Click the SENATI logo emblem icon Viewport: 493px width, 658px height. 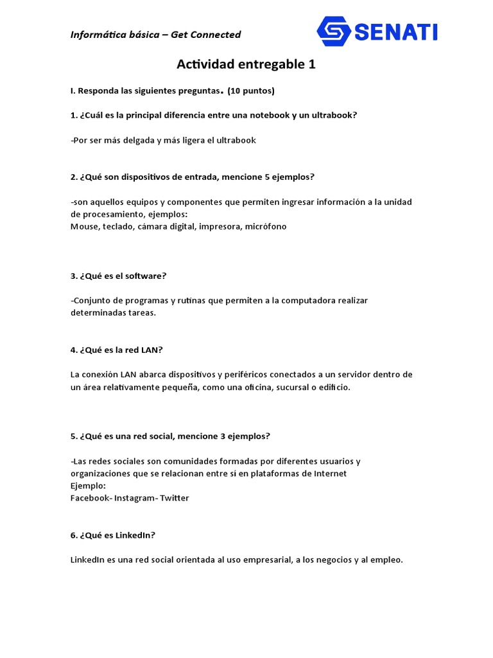(334, 31)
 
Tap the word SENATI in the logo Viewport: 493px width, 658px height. (396, 31)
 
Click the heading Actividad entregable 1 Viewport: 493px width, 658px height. (246, 65)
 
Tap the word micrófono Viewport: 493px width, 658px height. (266, 226)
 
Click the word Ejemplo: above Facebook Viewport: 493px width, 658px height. (89, 486)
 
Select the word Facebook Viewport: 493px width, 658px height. (90, 498)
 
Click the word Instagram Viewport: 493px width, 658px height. (135, 498)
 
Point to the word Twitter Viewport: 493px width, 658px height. (175, 498)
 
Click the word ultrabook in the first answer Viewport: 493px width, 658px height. (236, 140)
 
